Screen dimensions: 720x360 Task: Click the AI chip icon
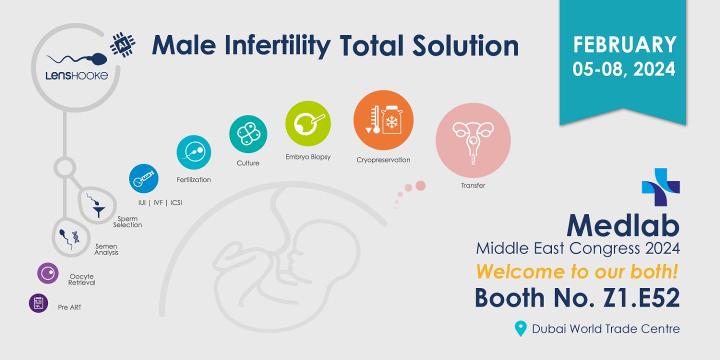pyautogui.click(x=122, y=44)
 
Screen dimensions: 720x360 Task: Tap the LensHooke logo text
pyautogui.click(x=76, y=76)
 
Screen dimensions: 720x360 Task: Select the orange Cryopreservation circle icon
pyautogui.click(x=383, y=120)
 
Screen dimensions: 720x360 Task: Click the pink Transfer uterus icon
pyautogui.click(x=473, y=140)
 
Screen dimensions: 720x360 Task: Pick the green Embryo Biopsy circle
pyautogui.click(x=308, y=123)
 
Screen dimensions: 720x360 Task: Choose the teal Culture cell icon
pyautogui.click(x=248, y=134)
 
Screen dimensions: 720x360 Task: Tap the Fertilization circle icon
pyautogui.click(x=194, y=152)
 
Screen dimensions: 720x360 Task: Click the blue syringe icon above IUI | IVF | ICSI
pyautogui.click(x=143, y=178)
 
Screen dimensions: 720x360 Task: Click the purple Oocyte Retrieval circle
pyautogui.click(x=48, y=273)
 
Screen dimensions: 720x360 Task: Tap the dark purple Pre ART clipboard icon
pyautogui.click(x=38, y=303)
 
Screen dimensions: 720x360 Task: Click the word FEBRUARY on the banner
pyautogui.click(x=625, y=44)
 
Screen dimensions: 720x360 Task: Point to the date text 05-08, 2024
pyautogui.click(x=623, y=69)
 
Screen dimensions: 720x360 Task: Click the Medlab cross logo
pyautogui.click(x=661, y=187)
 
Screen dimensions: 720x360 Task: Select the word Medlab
pyautogui.click(x=623, y=225)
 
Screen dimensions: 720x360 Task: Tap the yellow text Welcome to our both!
pyautogui.click(x=577, y=271)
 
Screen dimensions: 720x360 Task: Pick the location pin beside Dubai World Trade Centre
pyautogui.click(x=520, y=328)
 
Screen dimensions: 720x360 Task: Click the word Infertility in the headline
pyautogui.click(x=277, y=45)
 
